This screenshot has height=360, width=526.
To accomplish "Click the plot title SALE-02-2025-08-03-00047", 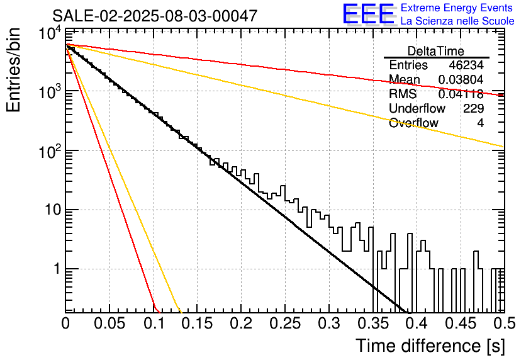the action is click(155, 16).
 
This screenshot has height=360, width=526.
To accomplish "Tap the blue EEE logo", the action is click(368, 14).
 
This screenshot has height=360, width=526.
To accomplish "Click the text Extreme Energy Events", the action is click(457, 8).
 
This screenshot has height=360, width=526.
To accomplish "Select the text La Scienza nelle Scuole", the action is click(457, 21).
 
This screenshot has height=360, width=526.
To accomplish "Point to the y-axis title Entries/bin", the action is click(14, 70).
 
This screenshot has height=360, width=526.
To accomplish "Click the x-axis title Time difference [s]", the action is click(430, 346).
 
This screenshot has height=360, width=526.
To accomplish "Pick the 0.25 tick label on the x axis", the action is click(285, 323).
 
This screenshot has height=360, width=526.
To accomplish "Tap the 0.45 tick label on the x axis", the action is click(461, 323).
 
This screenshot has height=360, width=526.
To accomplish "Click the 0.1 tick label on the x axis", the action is click(154, 323).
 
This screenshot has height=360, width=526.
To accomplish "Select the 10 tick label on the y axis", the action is click(53, 210).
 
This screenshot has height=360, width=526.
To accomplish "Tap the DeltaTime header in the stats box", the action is click(436, 51).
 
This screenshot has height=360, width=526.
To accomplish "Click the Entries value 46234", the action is click(466, 65).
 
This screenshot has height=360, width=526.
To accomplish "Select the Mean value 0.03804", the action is click(461, 79).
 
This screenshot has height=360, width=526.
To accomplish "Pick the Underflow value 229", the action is click(473, 108).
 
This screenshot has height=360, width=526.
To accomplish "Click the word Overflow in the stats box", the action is click(413, 123).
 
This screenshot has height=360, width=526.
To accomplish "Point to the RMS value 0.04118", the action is click(461, 94).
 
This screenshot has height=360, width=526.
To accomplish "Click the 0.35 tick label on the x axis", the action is click(372, 323).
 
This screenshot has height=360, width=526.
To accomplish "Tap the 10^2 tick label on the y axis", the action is click(50, 152).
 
